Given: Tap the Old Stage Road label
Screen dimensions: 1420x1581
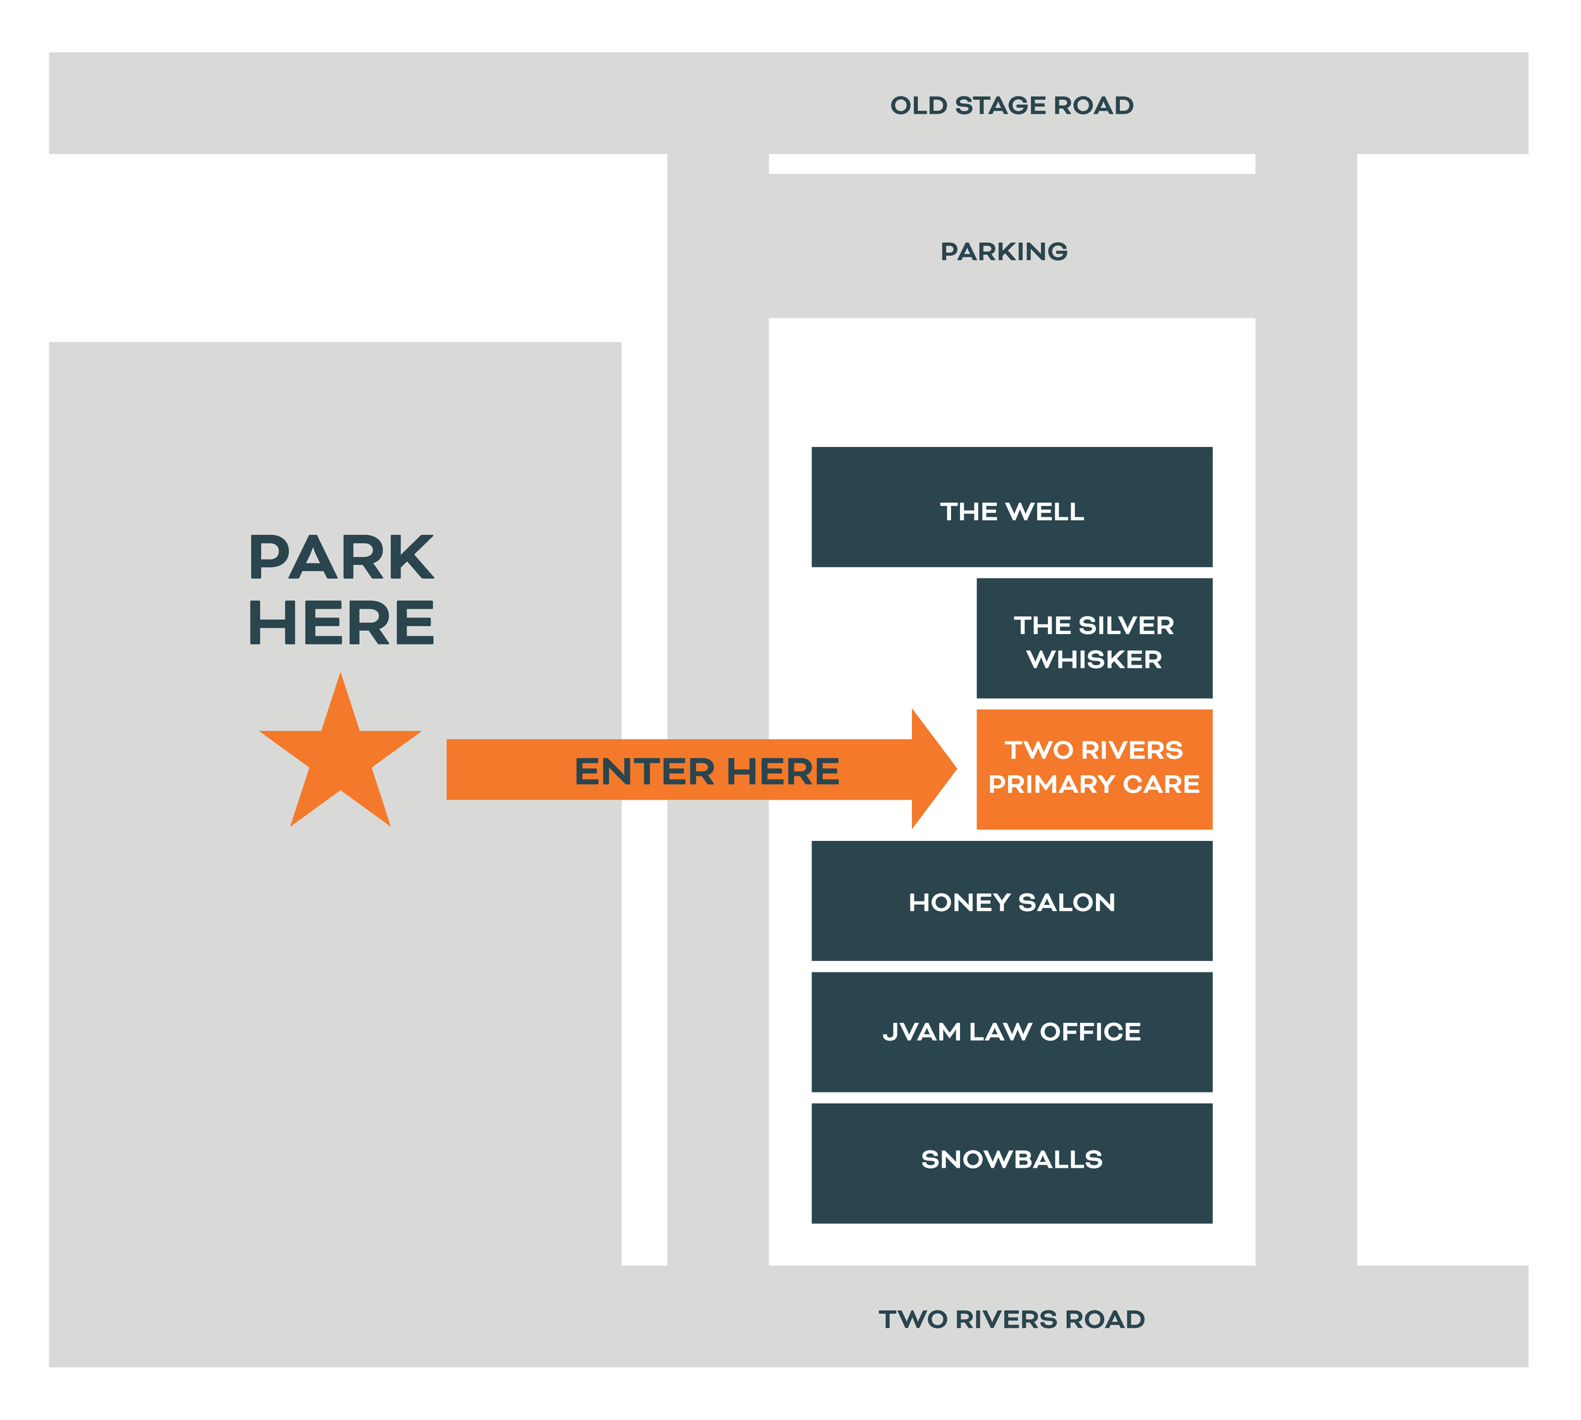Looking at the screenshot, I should point(1011,106).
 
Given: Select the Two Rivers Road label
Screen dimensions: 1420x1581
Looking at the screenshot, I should point(1011,1319).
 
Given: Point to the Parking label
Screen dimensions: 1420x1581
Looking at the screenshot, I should point(1004,251).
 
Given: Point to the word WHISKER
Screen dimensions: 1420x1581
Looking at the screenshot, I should point(1094,659).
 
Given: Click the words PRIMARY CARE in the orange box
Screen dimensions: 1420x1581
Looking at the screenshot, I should point(1094,783).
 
